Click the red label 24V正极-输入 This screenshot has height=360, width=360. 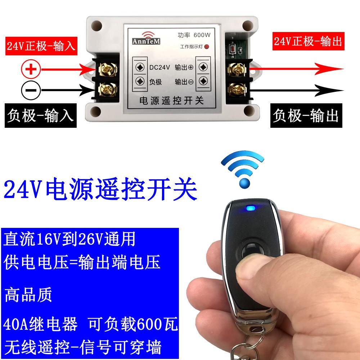41,46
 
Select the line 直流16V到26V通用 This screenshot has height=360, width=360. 70,239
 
